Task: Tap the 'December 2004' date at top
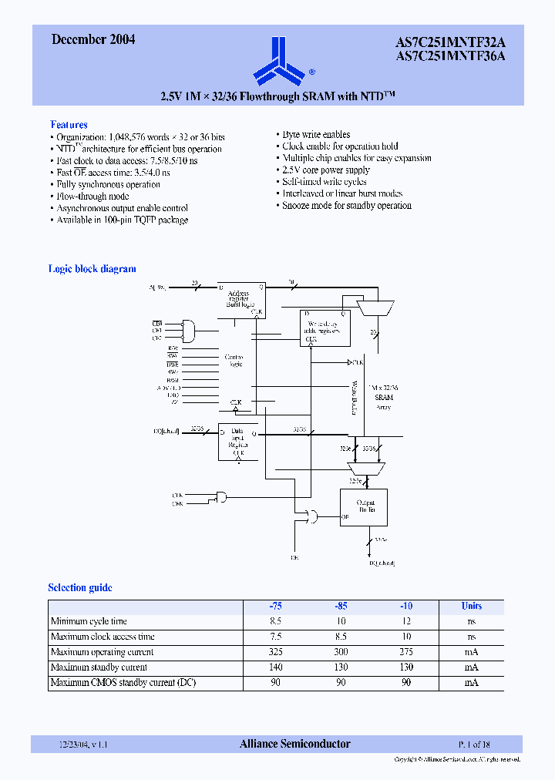93,39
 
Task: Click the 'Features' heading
69,124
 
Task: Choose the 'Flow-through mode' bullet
92,196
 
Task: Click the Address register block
240,299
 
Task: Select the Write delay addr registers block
325,327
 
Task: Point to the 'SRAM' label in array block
383,398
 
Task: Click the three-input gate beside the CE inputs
187,331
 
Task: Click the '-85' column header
341,606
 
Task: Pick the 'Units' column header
471,606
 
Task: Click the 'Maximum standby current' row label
99,667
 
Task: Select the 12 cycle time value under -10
406,621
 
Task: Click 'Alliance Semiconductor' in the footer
294,744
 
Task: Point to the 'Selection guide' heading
80,587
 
